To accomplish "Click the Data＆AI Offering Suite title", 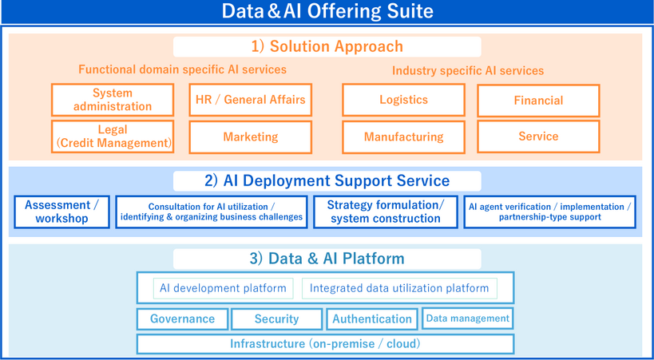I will point(327,11).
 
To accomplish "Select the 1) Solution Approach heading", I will point(327,46).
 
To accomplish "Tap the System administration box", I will point(113,100).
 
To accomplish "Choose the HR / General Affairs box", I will point(250,100).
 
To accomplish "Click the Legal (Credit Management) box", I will point(113,136).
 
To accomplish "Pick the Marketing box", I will point(250,137).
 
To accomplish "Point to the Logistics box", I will point(403,100).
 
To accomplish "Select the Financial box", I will point(538,101).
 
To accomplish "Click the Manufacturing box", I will point(403,137).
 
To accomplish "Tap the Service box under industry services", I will point(538,136).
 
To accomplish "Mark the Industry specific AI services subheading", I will point(467,71).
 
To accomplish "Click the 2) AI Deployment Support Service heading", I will point(327,180).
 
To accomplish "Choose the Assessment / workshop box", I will point(61,212).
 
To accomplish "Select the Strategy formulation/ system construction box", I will point(385,212).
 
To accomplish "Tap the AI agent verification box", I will point(549,212).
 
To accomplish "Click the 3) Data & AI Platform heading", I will point(327,259).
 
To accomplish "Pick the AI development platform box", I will point(223,288).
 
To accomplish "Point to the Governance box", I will point(182,318).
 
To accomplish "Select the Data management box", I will point(467,318).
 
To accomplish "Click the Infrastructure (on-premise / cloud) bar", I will point(325,344).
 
